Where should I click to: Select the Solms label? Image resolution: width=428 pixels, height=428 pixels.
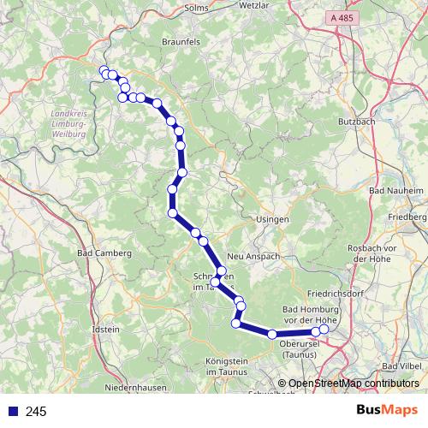click(198, 8)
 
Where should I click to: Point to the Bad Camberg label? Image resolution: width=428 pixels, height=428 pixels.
click(104, 253)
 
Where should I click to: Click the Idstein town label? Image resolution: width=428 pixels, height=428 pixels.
click(104, 329)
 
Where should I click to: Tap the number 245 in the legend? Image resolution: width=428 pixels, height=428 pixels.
click(36, 412)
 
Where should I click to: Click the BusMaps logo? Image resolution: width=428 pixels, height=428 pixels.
click(387, 411)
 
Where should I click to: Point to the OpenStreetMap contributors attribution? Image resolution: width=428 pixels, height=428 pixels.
click(348, 383)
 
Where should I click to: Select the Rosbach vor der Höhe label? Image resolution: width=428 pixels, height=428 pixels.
click(370, 253)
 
